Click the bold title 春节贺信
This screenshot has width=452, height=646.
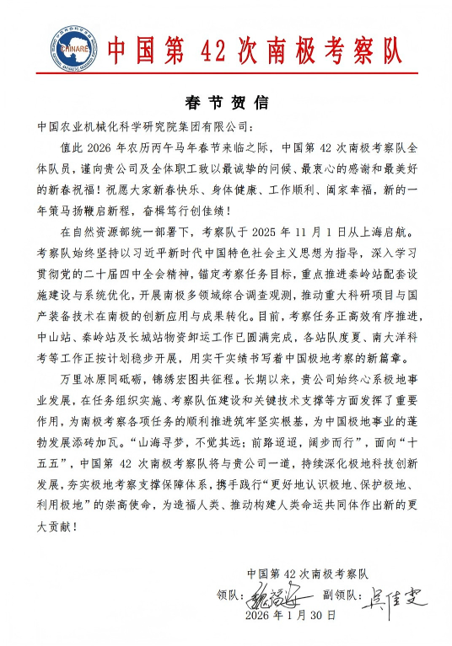[225, 103]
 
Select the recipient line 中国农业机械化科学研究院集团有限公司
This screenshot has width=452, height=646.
[143, 127]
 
